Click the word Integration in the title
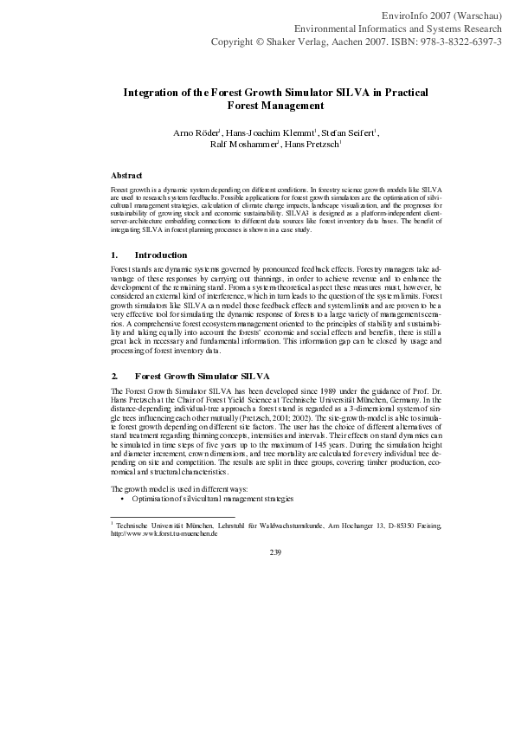click(157, 92)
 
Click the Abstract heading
click(127, 175)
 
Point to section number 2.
click(114, 377)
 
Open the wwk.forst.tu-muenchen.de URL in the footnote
click(164, 533)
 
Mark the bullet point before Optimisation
click(124, 500)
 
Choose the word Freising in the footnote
click(427, 526)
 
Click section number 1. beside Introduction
click(114, 255)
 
